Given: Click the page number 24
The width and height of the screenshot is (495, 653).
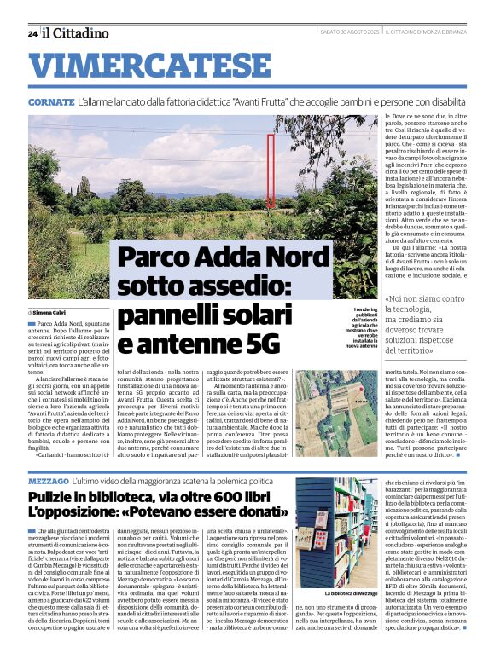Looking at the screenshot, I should [x=32, y=33].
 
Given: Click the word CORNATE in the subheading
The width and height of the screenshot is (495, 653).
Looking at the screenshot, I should [x=50, y=101].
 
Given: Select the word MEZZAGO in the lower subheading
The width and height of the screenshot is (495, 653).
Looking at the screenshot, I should [x=46, y=483].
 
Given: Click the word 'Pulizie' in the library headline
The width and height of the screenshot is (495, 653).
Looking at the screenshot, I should [x=54, y=498].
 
